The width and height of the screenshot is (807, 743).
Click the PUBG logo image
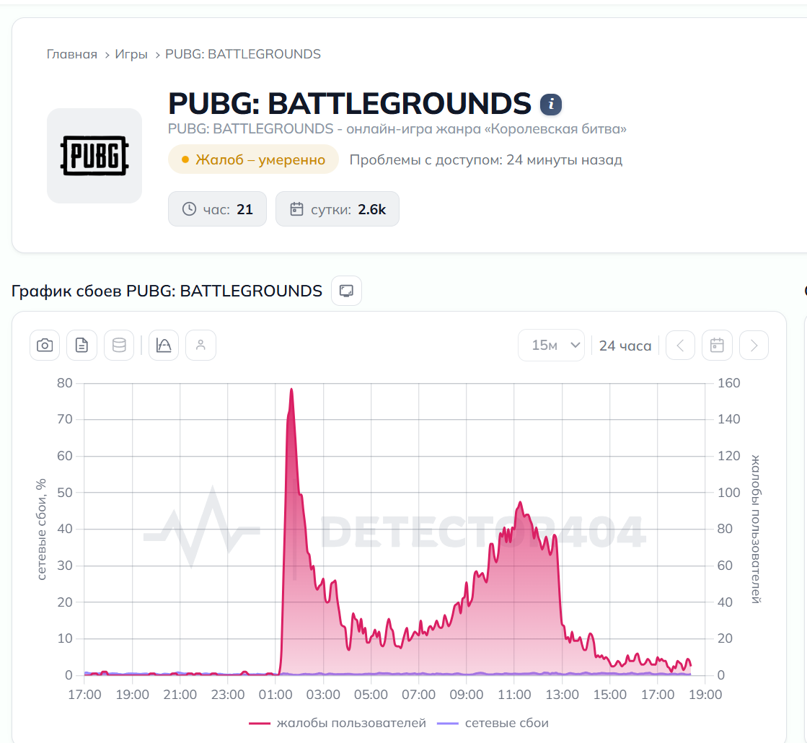pos(94,156)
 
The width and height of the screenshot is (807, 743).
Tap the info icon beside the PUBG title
pos(551,105)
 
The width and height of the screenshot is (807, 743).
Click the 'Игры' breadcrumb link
pos(131,54)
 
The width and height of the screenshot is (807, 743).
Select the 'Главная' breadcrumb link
pos(71,54)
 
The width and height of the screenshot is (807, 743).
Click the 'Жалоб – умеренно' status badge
pos(253,159)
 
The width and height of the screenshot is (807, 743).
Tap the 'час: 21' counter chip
pos(217,209)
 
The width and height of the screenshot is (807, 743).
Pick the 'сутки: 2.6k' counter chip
pos(337,209)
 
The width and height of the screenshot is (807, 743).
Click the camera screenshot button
pos(45,345)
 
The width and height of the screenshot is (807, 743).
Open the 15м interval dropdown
pos(551,345)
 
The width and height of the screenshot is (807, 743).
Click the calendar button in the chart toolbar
pos(717,345)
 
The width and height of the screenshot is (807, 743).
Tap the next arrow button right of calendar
pos(754,345)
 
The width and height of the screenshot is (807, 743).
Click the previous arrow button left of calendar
pos(680,345)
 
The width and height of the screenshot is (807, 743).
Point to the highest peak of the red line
pos(291,389)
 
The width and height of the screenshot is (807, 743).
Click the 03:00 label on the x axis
pos(323,695)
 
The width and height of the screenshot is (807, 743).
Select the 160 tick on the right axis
pos(729,383)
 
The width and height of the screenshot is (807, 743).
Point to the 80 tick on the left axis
pos(65,383)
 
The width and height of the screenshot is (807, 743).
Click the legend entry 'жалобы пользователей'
pos(338,723)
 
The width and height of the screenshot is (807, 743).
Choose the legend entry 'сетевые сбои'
pos(493,723)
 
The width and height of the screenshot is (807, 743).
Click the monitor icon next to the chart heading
pos(346,291)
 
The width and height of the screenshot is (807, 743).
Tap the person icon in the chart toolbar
pos(200,345)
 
